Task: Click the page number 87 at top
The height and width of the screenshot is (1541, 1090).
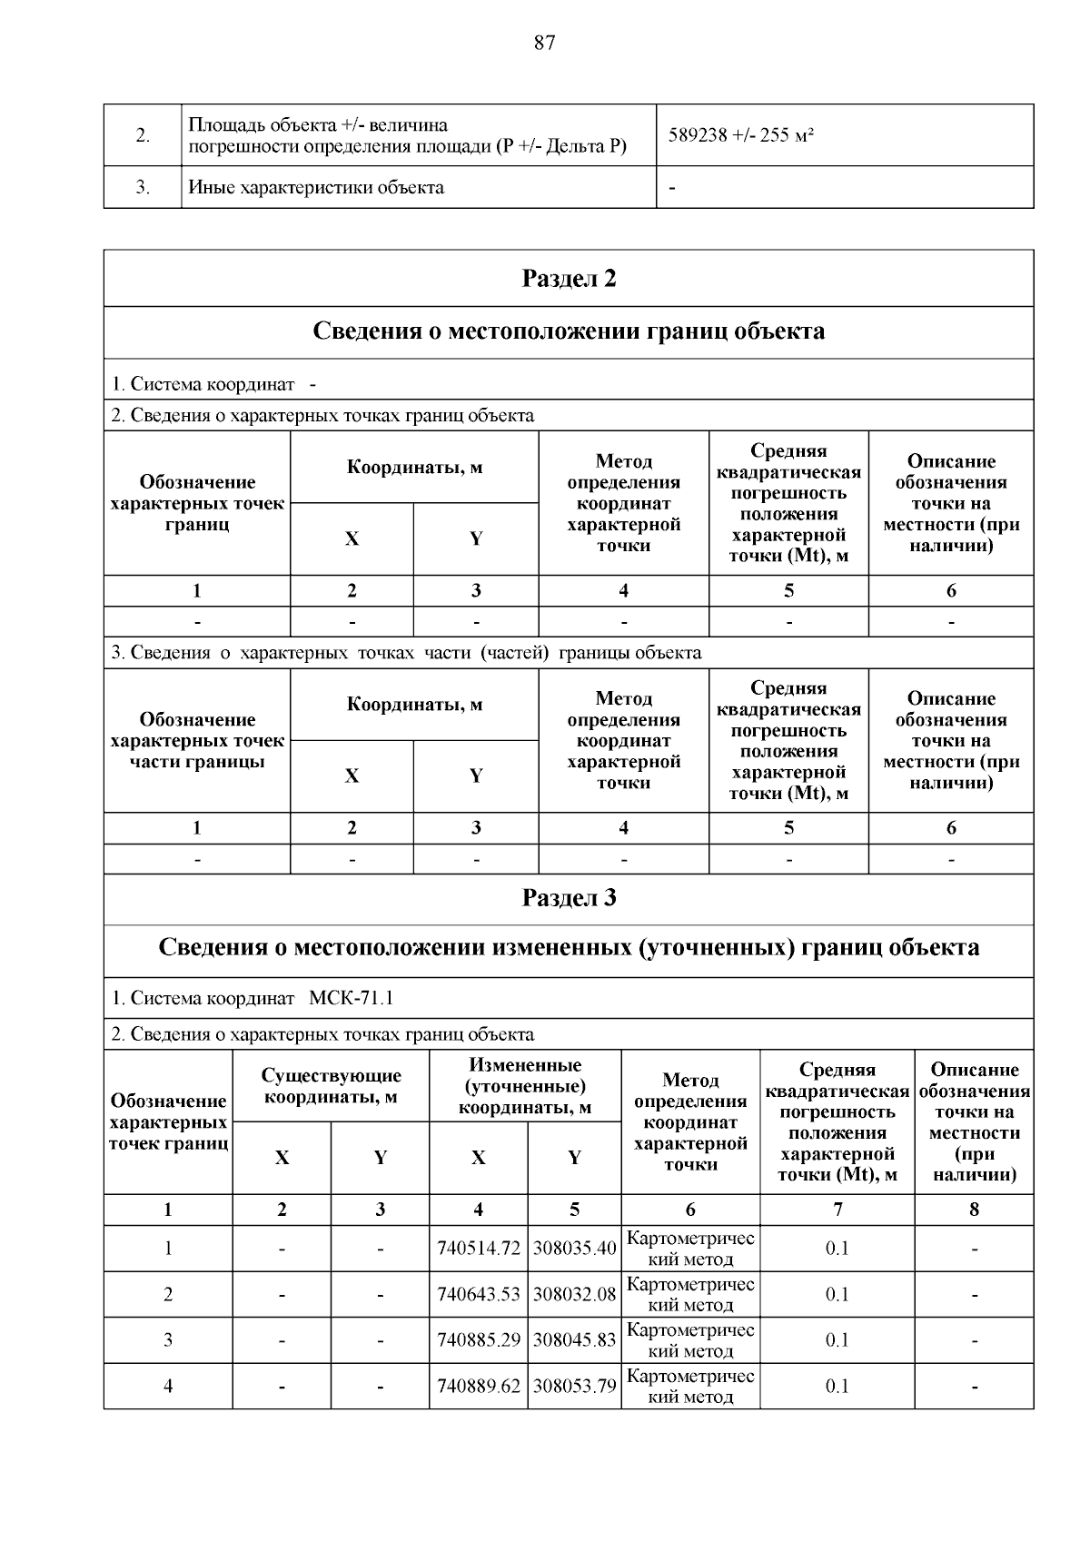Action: [544, 44]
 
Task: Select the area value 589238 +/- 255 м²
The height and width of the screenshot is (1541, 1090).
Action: [740, 136]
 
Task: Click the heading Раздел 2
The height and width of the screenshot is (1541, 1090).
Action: [569, 279]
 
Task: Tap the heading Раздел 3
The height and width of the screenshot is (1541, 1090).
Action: [569, 898]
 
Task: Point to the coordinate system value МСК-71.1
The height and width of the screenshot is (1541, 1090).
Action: [352, 998]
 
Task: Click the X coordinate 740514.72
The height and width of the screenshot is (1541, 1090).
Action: [479, 1249]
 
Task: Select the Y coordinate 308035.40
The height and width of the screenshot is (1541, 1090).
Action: [574, 1249]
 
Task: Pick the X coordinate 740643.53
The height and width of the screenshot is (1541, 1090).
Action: [479, 1294]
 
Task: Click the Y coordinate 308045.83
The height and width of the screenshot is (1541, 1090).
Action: [574, 1339]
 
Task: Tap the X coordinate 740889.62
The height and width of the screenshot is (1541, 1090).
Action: [479, 1386]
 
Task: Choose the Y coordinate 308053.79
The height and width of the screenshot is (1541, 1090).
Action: [574, 1386]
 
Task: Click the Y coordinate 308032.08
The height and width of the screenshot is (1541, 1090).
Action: [574, 1294]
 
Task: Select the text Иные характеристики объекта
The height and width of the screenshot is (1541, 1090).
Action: [316, 188]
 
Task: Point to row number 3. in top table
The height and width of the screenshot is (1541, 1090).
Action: [143, 188]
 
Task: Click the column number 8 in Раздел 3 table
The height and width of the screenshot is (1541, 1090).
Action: [974, 1210]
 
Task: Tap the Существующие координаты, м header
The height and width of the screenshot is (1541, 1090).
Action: [331, 1086]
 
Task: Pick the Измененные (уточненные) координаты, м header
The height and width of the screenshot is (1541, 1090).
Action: [525, 1086]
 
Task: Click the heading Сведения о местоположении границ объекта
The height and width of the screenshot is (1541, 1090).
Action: [569, 331]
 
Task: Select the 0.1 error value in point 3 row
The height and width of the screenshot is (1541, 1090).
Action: [837, 1339]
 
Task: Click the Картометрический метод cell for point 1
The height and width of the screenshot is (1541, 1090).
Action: [690, 1249]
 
